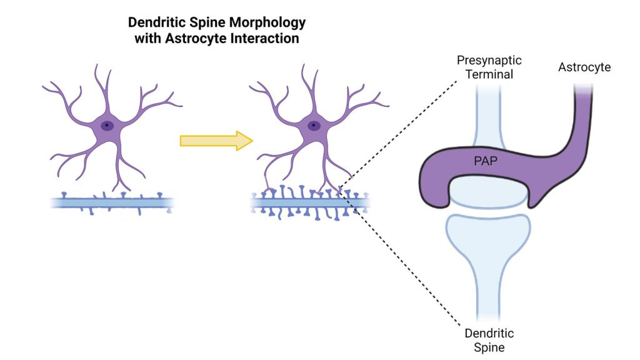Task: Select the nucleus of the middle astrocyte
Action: click(x=314, y=126)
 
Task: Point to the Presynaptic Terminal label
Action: click(x=489, y=67)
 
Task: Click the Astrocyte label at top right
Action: click(x=584, y=67)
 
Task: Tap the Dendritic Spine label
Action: click(x=489, y=339)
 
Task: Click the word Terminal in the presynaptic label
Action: click(x=489, y=74)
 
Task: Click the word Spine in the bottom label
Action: click(x=489, y=346)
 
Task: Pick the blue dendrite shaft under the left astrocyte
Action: click(x=112, y=202)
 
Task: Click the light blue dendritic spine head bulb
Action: click(x=488, y=237)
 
